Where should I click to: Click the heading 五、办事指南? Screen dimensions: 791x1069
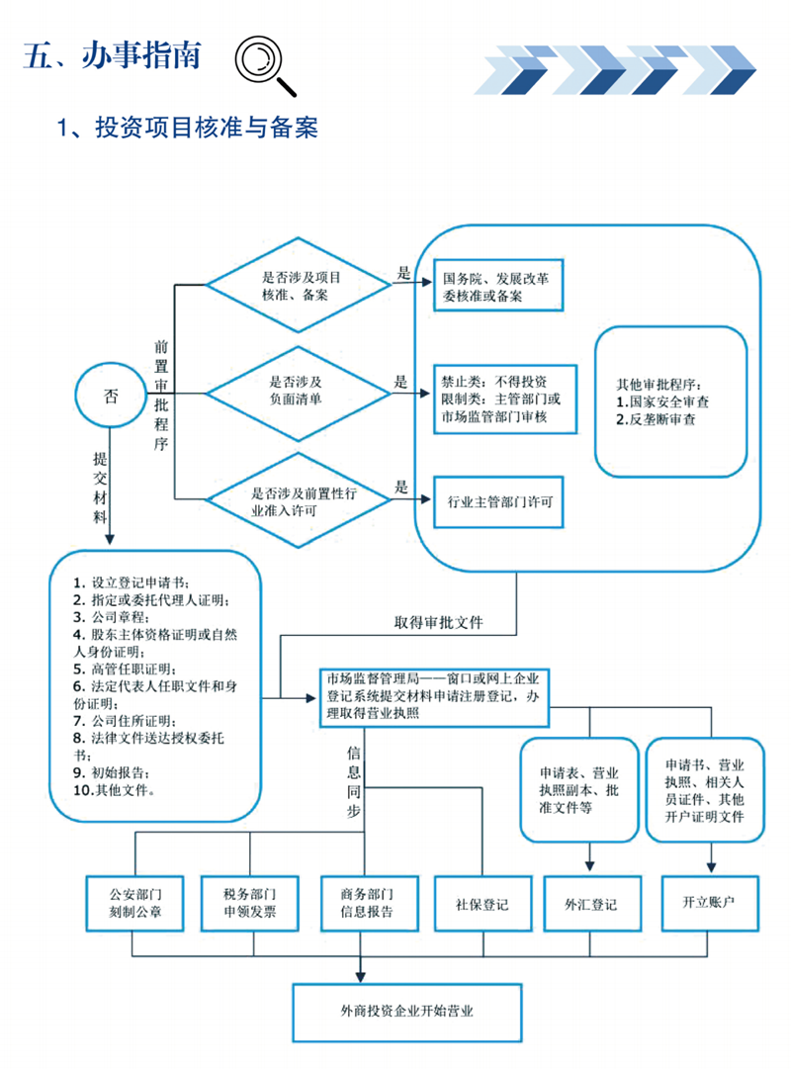(x=113, y=55)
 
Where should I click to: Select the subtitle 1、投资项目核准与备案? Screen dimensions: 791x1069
(x=188, y=128)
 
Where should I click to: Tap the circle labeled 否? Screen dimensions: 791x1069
(x=110, y=396)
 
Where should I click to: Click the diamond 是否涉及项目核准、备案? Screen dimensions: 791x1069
(x=298, y=285)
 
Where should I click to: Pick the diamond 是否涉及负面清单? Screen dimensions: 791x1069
(x=298, y=394)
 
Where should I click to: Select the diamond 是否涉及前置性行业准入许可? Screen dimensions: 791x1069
(x=298, y=500)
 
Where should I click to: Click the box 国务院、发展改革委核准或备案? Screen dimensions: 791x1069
(x=498, y=285)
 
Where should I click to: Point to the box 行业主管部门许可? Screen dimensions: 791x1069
(x=498, y=501)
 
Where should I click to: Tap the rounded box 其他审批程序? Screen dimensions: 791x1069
(x=671, y=401)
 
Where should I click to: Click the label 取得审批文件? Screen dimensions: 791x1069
(x=438, y=622)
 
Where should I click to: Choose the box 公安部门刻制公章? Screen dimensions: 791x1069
(x=135, y=903)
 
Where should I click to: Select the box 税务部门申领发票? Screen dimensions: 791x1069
(x=249, y=903)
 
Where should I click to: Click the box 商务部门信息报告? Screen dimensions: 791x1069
(x=369, y=903)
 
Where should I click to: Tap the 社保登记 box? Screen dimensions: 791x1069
(x=483, y=903)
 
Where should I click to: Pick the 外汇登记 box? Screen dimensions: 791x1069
(x=592, y=903)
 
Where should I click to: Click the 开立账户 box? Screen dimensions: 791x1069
(x=710, y=903)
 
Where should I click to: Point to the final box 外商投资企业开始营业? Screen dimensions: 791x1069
(x=407, y=1013)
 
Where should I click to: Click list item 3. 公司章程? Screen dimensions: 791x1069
(x=111, y=617)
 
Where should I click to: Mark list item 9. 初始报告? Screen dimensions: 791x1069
(x=111, y=772)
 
